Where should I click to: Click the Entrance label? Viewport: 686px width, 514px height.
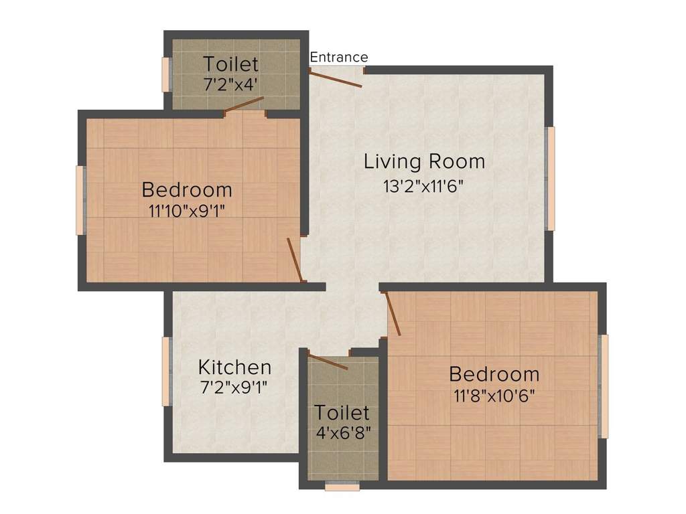tap(338, 58)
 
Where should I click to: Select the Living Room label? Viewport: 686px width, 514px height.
tap(424, 161)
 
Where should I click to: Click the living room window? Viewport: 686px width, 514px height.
tap(551, 178)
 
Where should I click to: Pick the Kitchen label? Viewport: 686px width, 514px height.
tap(234, 367)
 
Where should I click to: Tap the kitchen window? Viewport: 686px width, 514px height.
tap(166, 371)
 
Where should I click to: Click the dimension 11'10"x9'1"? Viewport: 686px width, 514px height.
tap(187, 211)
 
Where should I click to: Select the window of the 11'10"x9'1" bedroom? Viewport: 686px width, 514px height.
tap(80, 200)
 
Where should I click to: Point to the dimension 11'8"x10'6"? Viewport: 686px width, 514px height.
tap(494, 395)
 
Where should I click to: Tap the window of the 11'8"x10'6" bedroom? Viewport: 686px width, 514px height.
tap(604, 386)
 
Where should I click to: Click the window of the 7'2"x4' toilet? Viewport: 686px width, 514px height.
tap(166, 74)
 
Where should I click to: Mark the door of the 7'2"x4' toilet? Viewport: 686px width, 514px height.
tap(244, 104)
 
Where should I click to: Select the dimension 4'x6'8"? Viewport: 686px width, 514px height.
tap(342, 432)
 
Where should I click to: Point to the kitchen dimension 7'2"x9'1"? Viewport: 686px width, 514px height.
tap(234, 388)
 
